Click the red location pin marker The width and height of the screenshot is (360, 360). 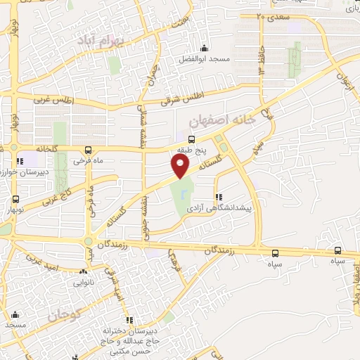pos(181,167)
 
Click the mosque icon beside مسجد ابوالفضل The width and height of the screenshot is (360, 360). pos(205,49)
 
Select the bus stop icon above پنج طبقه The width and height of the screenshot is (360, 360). pos(191,139)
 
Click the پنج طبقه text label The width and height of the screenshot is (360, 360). pos(191,150)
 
